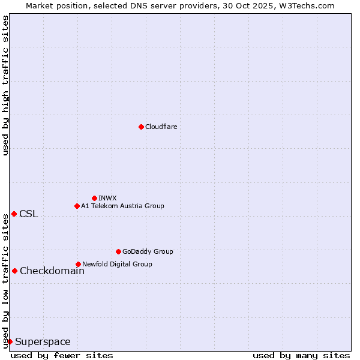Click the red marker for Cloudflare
coord(141,127)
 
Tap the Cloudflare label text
coord(161,127)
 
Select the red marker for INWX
coord(94,198)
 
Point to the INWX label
coord(107,198)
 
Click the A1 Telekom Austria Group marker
coord(77,206)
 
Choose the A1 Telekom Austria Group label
coord(122,206)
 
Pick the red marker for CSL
coord(14,214)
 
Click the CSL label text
coord(28,214)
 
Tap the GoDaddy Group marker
coord(118,251)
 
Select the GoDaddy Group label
coord(148,251)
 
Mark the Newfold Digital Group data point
coord(78,264)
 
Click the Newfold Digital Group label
coord(117,264)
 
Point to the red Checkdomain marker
coord(14,271)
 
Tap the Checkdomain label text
coord(52,271)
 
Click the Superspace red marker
coord(10,341)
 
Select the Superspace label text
coord(43,342)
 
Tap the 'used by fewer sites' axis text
coord(62,355)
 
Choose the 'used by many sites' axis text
coord(301,355)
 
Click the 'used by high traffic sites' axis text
coord(5,85)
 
